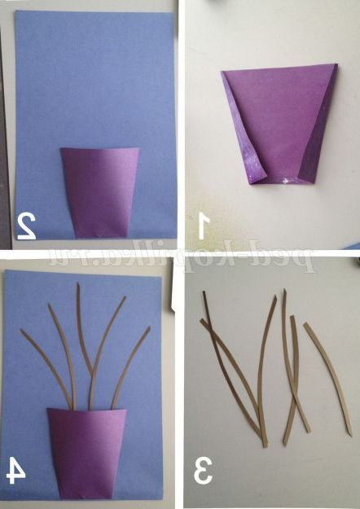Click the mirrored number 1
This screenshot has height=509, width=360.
tap(203, 226)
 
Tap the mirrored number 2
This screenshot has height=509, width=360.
tap(27, 226)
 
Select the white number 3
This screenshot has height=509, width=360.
tap(203, 471)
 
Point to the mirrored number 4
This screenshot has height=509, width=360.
tap(16, 470)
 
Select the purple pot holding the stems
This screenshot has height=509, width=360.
tap(87, 453)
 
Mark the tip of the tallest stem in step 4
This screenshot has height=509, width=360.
tap(78, 283)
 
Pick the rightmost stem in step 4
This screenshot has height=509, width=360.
tap(130, 366)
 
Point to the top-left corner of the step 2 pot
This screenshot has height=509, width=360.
tap(61, 149)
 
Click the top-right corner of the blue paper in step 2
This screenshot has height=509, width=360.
tap(173, 14)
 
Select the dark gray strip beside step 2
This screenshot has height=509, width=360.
tap(5, 136)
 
